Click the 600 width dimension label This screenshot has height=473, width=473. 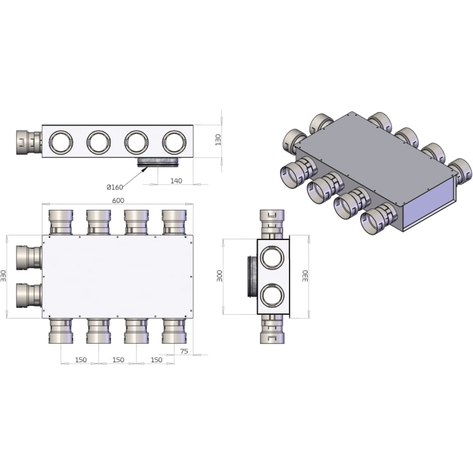[118, 201]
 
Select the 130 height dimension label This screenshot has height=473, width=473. [218, 140]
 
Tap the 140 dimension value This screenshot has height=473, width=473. [176, 181]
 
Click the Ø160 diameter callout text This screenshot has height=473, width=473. [115, 187]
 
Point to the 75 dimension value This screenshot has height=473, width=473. [183, 351]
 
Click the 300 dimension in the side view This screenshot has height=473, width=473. [219, 276]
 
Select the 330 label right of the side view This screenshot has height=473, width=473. [305, 276]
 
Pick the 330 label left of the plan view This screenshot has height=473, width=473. [3, 276]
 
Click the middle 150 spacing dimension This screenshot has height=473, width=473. [118, 360]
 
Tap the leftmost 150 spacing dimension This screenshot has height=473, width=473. [81, 360]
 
